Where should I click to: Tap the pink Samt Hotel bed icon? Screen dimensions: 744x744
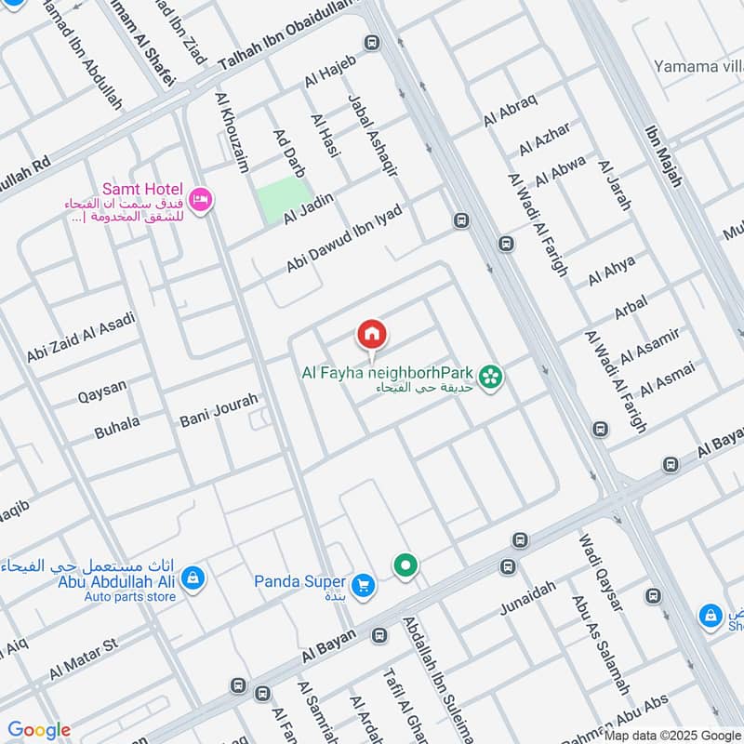coord(200,198)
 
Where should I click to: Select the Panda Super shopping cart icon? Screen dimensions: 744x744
coord(364,584)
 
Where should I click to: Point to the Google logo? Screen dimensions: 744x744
coord(39,730)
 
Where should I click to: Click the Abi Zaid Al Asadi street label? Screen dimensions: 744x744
coord(81,338)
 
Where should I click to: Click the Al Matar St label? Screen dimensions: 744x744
coord(84,658)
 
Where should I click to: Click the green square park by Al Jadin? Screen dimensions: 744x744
coord(281,202)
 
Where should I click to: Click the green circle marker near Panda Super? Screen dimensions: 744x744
coord(405,565)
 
